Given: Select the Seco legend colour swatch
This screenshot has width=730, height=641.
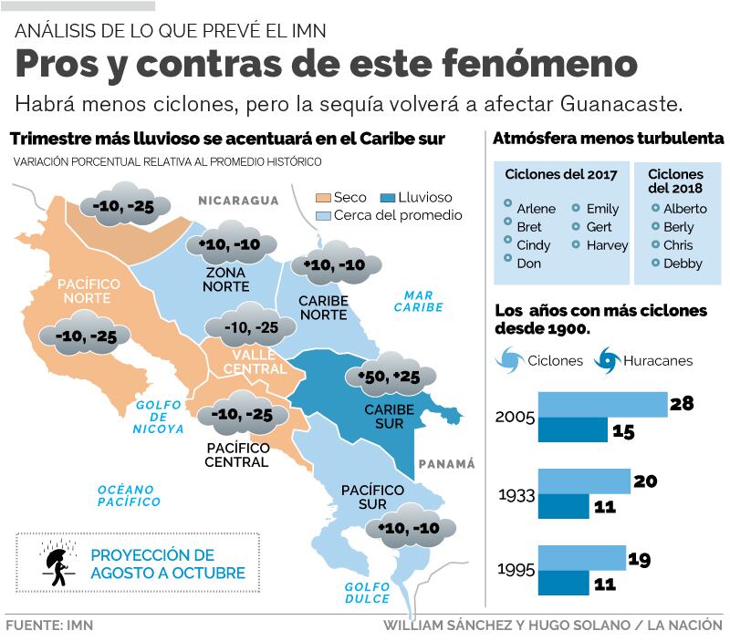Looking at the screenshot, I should (322, 197).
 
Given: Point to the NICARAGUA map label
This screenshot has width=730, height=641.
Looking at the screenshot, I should (238, 201).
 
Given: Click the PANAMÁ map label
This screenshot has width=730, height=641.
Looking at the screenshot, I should (447, 464).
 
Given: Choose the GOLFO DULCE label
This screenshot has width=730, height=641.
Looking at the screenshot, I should (367, 592).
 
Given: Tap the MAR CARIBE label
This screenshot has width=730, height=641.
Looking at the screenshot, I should (419, 301).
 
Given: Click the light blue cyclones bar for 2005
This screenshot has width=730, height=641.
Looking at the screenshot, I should (603, 404).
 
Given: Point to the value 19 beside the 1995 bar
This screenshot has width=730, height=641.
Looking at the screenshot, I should (639, 559).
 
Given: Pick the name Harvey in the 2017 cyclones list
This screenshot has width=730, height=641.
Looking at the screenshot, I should (607, 245).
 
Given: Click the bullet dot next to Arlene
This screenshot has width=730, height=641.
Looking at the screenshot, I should (507, 208).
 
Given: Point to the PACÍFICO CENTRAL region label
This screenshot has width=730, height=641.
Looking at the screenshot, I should (237, 455).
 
